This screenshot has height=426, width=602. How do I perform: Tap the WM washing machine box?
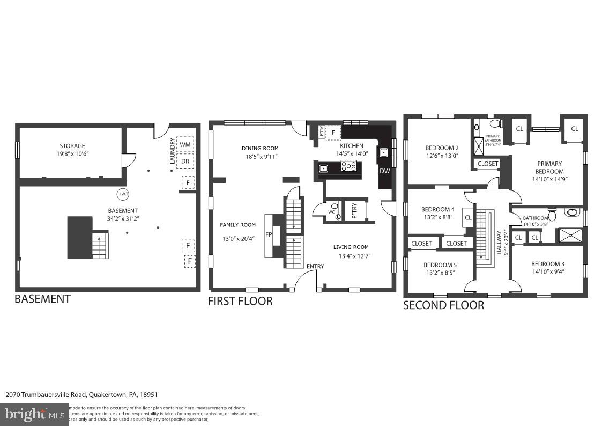tap(185, 145)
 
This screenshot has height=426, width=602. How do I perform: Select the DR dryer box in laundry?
tap(185, 161)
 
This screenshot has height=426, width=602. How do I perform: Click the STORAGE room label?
tap(72, 146)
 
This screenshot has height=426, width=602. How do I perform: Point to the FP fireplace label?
tap(268, 234)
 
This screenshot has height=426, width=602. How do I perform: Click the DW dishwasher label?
tap(384, 171)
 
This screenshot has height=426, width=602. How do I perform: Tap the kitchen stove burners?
tap(349, 167)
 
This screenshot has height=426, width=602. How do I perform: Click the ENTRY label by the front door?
tap(315, 267)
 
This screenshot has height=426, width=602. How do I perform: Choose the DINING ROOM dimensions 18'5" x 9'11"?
tap(260, 157)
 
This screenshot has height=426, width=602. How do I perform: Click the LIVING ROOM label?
tap(351, 247)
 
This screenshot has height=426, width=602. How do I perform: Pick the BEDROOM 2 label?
tap(442, 148)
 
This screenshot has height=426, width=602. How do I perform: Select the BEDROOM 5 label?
tap(440, 265)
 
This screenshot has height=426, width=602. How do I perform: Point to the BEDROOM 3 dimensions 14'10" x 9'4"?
tap(548, 271)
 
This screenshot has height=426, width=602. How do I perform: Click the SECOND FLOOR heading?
tap(443, 305)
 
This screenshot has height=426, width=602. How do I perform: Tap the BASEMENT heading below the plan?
tap(42, 299)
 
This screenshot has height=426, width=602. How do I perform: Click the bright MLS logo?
tap(34, 414)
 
